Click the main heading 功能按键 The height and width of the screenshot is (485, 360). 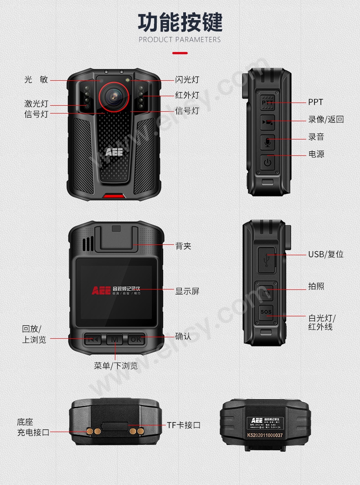(180, 22)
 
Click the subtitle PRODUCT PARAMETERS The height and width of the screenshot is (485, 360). (180, 40)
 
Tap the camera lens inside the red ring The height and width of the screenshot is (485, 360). (114, 94)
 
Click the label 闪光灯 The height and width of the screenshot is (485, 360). (187, 80)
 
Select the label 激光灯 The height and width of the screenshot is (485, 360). (36, 103)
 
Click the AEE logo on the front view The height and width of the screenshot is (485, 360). (114, 152)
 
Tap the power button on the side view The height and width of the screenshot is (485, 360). (267, 162)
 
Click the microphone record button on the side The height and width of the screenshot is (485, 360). (267, 142)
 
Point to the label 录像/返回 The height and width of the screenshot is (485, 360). (326, 119)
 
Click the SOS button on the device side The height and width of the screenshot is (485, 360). (266, 312)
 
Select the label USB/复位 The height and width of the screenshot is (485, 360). (326, 254)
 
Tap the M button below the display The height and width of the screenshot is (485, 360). (115, 339)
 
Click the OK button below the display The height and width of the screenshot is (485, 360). (136, 339)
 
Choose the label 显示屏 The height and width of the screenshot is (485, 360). (187, 291)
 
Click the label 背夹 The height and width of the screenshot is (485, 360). (183, 246)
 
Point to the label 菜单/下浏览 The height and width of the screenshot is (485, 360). (116, 366)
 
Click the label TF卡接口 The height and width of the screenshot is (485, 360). (184, 425)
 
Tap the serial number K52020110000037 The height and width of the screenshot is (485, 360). (265, 435)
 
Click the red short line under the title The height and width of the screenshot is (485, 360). (180, 53)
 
